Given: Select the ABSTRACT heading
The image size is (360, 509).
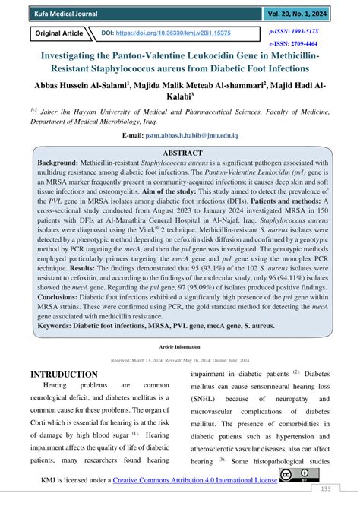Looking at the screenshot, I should [181, 152].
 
